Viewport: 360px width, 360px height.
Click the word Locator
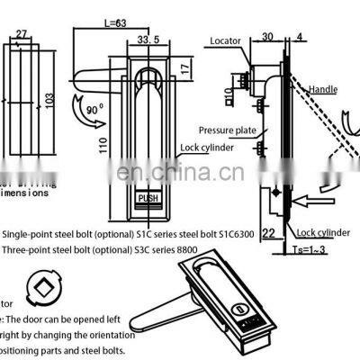pos(225,40)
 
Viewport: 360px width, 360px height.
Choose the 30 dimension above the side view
pos(268,37)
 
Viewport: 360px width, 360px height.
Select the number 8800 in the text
pos(193,249)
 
